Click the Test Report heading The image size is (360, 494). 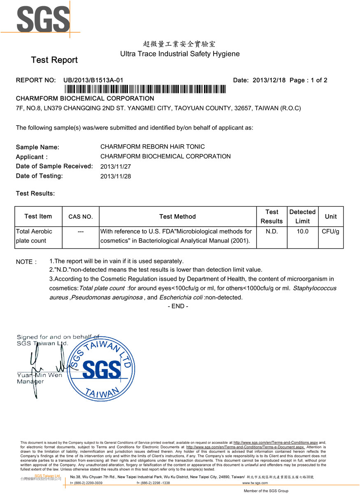click(x=54, y=60)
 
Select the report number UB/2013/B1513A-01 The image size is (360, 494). click(x=93, y=80)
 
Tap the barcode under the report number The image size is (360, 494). click(x=145, y=89)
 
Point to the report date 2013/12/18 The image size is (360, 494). click(x=269, y=80)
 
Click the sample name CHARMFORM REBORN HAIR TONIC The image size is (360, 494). click(x=152, y=147)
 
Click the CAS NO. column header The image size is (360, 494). click(x=81, y=217)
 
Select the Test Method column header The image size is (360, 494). click(x=177, y=217)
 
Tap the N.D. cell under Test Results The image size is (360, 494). click(x=272, y=232)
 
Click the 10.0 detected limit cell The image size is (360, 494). click(x=302, y=232)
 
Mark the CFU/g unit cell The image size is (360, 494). click(x=330, y=232)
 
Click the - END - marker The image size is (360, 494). click(x=178, y=306)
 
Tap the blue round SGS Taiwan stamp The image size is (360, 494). click(x=101, y=368)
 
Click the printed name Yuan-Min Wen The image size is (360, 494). click(x=39, y=375)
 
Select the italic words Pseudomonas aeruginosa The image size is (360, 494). click(x=107, y=298)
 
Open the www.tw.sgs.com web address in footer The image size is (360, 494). click(x=255, y=483)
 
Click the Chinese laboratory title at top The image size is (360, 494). click(x=179, y=44)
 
